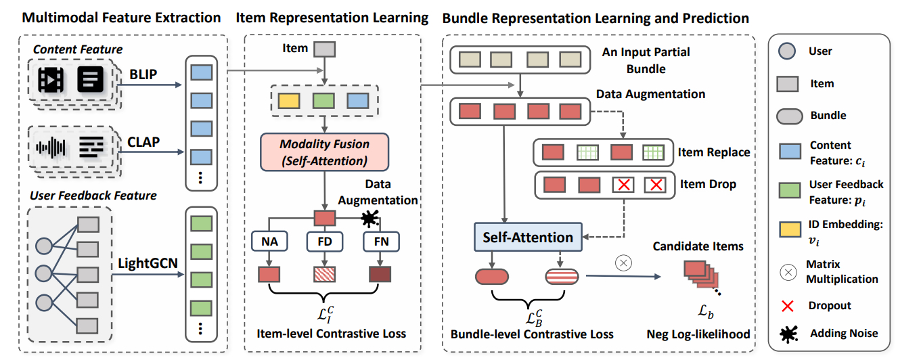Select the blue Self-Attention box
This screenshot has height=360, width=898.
tap(528, 237)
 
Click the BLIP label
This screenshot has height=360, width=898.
tap(143, 73)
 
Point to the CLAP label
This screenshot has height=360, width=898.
tap(143, 142)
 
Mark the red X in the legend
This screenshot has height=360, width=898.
tap(787, 305)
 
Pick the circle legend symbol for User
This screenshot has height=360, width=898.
tap(787, 52)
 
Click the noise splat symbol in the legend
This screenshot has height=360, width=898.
tap(787, 333)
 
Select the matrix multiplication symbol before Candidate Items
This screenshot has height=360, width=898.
tap(624, 263)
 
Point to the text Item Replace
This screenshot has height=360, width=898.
tap(714, 152)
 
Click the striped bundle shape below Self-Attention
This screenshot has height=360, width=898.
tap(562, 276)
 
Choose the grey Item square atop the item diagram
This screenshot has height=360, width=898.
tap(325, 49)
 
